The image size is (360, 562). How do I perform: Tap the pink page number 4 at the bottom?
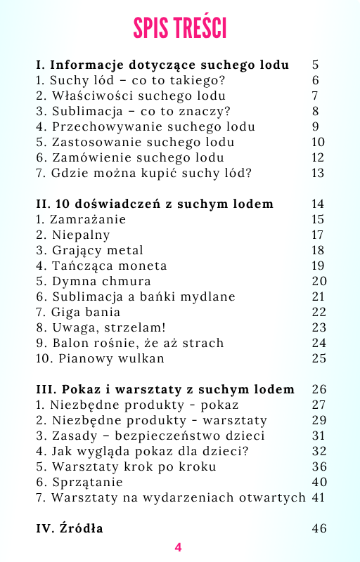178,547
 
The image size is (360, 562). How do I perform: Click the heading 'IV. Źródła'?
70,528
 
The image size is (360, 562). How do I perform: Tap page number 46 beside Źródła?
319,528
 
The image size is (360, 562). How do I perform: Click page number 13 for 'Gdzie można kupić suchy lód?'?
318,173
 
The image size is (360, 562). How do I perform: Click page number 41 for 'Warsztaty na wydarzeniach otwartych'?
319,497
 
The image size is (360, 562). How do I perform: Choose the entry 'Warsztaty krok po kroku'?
126,466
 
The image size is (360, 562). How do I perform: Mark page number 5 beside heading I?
315,65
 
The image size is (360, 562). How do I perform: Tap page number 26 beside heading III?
319,389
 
